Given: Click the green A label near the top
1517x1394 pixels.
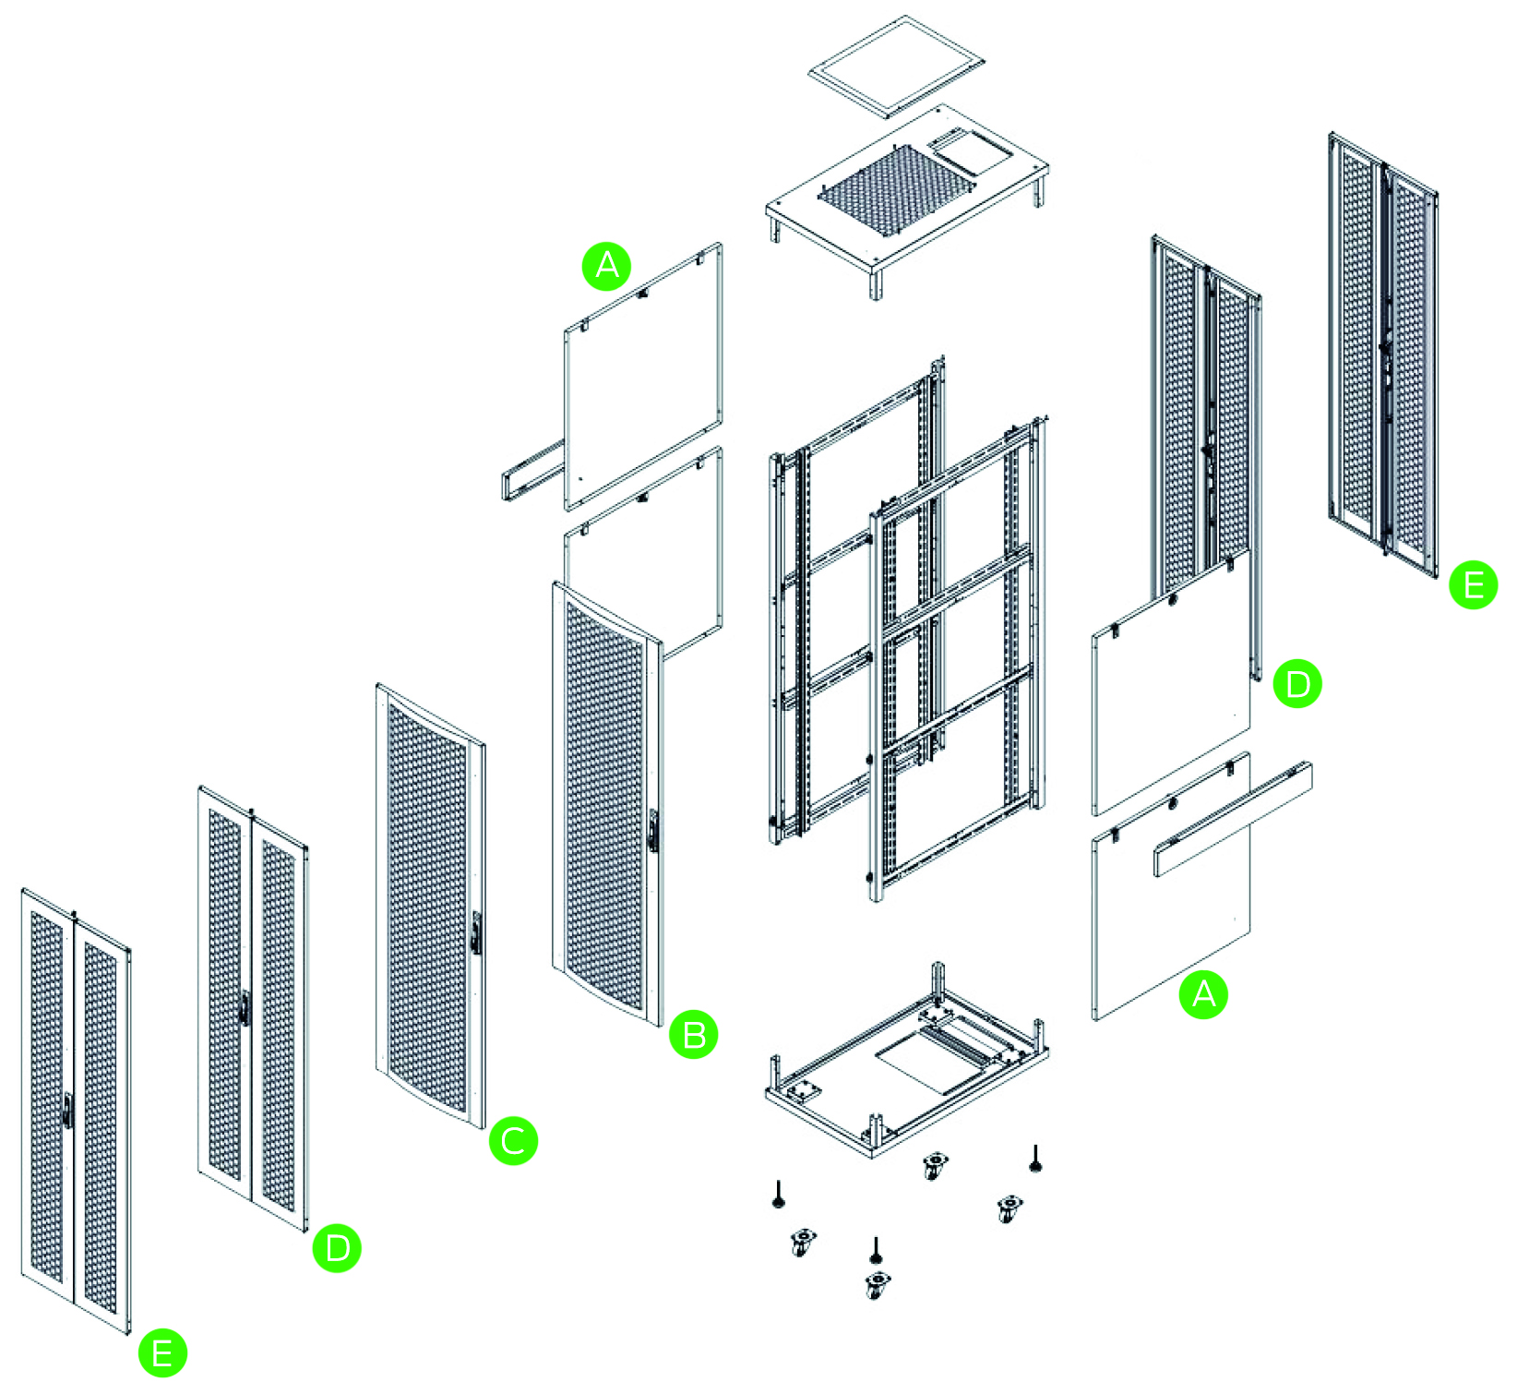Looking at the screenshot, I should click(x=606, y=266).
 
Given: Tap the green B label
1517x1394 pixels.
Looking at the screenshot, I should click(x=693, y=1034).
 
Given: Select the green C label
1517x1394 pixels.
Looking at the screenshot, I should click(x=513, y=1141).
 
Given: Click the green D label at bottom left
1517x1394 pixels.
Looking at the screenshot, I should click(x=337, y=1248).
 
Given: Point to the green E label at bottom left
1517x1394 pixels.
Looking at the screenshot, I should click(x=162, y=1353).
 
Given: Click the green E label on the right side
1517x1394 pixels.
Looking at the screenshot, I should click(x=1473, y=585).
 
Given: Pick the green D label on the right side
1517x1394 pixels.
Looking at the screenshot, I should click(x=1296, y=684).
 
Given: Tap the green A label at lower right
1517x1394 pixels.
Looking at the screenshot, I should click(x=1203, y=994).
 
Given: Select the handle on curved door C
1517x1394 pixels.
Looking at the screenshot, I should click(x=476, y=932).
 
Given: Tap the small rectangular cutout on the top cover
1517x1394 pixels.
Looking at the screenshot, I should click(x=969, y=152).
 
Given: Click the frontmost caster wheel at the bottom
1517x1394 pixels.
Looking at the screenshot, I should click(x=878, y=1283).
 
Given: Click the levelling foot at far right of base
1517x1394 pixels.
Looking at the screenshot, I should click(x=1035, y=1160).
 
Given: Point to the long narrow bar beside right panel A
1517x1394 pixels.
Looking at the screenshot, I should click(x=1232, y=819).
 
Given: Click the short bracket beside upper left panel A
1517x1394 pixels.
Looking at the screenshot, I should click(x=533, y=471).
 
